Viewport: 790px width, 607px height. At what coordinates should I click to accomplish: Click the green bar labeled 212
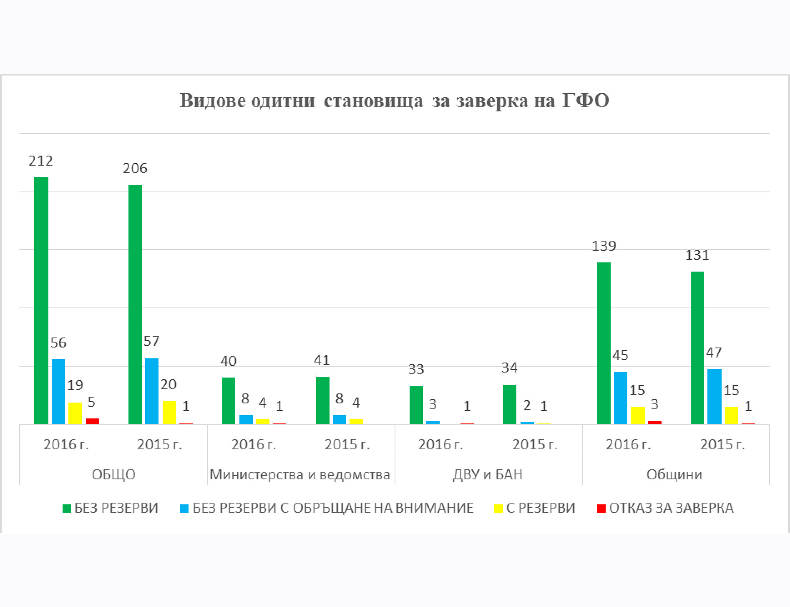click(x=41, y=300)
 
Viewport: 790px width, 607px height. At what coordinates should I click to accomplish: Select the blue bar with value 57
click(x=152, y=391)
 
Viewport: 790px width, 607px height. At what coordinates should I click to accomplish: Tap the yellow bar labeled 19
click(x=75, y=413)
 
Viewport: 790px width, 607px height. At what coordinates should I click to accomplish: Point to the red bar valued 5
click(x=93, y=421)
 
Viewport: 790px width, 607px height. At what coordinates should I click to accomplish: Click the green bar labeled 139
click(x=604, y=343)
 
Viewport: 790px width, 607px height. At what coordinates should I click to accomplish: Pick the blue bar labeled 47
click(x=714, y=396)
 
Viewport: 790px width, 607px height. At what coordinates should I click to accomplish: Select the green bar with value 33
click(x=416, y=405)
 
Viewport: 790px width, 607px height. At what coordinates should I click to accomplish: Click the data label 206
click(x=135, y=168)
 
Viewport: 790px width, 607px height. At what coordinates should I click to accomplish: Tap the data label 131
click(x=697, y=255)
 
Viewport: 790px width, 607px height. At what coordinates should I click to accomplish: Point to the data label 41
click(x=322, y=360)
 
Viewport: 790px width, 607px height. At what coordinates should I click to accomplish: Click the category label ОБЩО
click(x=113, y=474)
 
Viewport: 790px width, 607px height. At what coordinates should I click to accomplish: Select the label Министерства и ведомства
click(x=299, y=474)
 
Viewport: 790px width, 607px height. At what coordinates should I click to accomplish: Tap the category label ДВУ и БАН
click(x=488, y=474)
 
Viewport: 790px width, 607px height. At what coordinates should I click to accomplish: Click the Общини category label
click(x=674, y=474)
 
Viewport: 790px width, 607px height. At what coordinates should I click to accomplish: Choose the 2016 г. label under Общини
click(x=628, y=444)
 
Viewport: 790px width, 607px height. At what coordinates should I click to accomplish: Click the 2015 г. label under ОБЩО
click(x=159, y=444)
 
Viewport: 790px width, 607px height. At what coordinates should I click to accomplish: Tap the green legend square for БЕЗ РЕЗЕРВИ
click(x=67, y=508)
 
